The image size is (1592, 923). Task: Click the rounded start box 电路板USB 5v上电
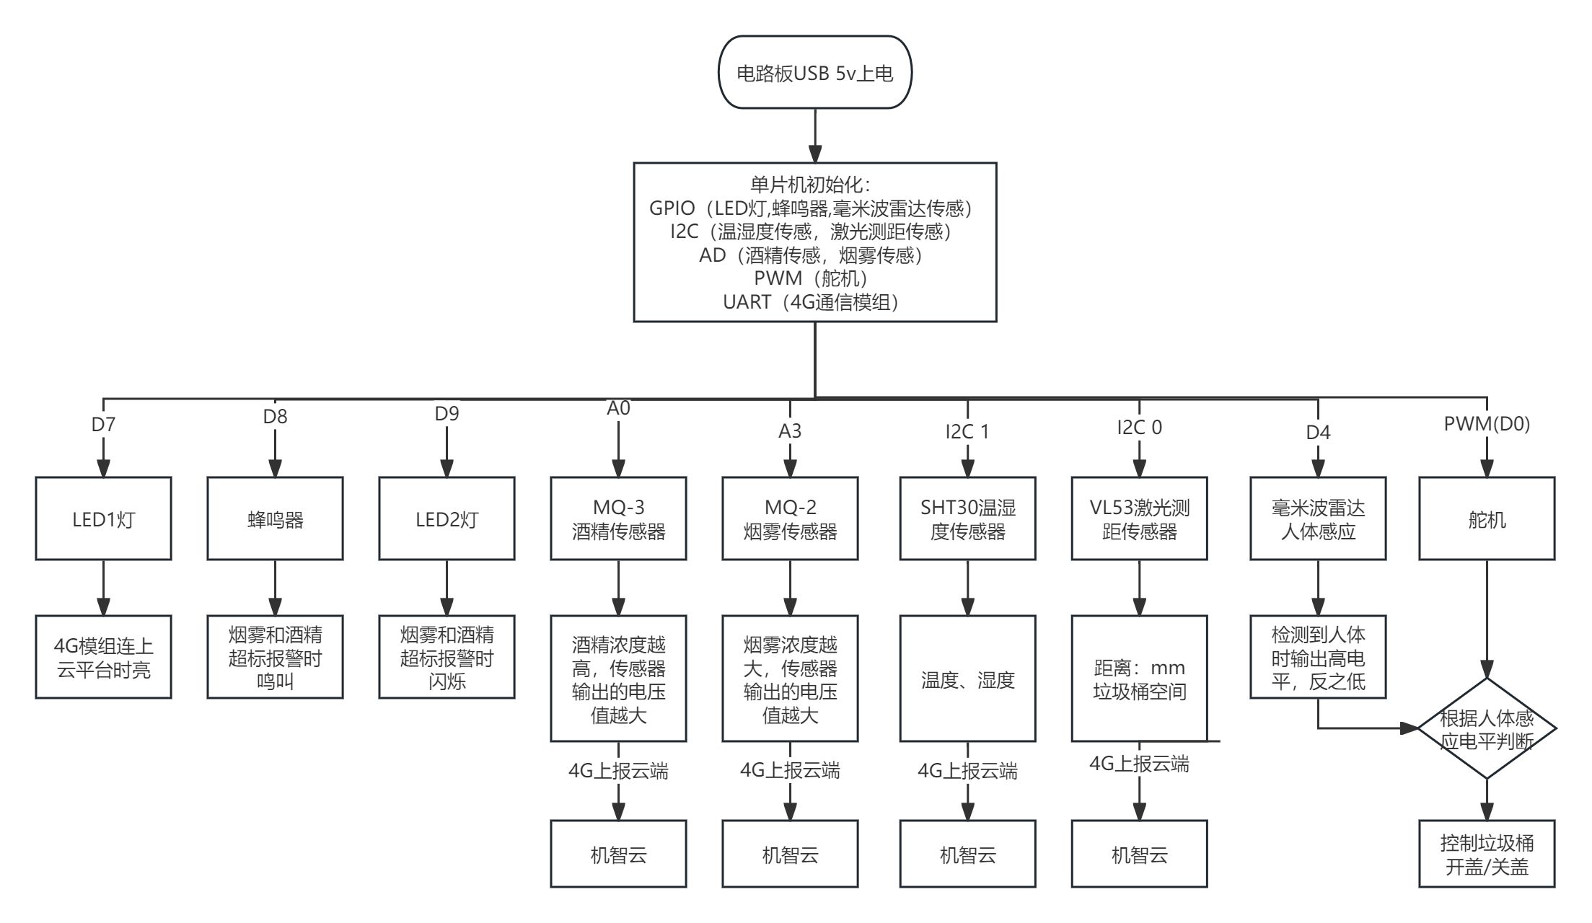tap(815, 73)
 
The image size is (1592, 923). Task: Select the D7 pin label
tap(103, 425)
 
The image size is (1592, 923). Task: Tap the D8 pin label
tap(275, 417)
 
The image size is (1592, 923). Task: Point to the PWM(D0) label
tap(1487, 424)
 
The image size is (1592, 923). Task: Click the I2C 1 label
tap(967, 432)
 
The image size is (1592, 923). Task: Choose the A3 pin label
tap(790, 431)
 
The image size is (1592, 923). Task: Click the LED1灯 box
tap(103, 519)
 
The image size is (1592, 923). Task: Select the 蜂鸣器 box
tap(275, 519)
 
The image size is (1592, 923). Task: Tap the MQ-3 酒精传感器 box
tap(618, 519)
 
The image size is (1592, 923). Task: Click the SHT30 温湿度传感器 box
tap(967, 519)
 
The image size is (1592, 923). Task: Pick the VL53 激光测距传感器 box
tap(1139, 519)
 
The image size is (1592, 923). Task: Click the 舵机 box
tap(1487, 519)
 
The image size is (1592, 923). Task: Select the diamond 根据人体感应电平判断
tap(1487, 729)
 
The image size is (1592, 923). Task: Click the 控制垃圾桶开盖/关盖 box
tap(1487, 854)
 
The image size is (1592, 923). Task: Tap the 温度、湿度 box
tap(967, 679)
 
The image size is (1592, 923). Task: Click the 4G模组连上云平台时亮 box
tap(103, 658)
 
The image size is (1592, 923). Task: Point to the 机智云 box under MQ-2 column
tap(790, 854)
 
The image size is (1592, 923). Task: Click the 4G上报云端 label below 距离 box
tap(1139, 764)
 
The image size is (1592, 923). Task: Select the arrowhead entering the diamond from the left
tap(1410, 728)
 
